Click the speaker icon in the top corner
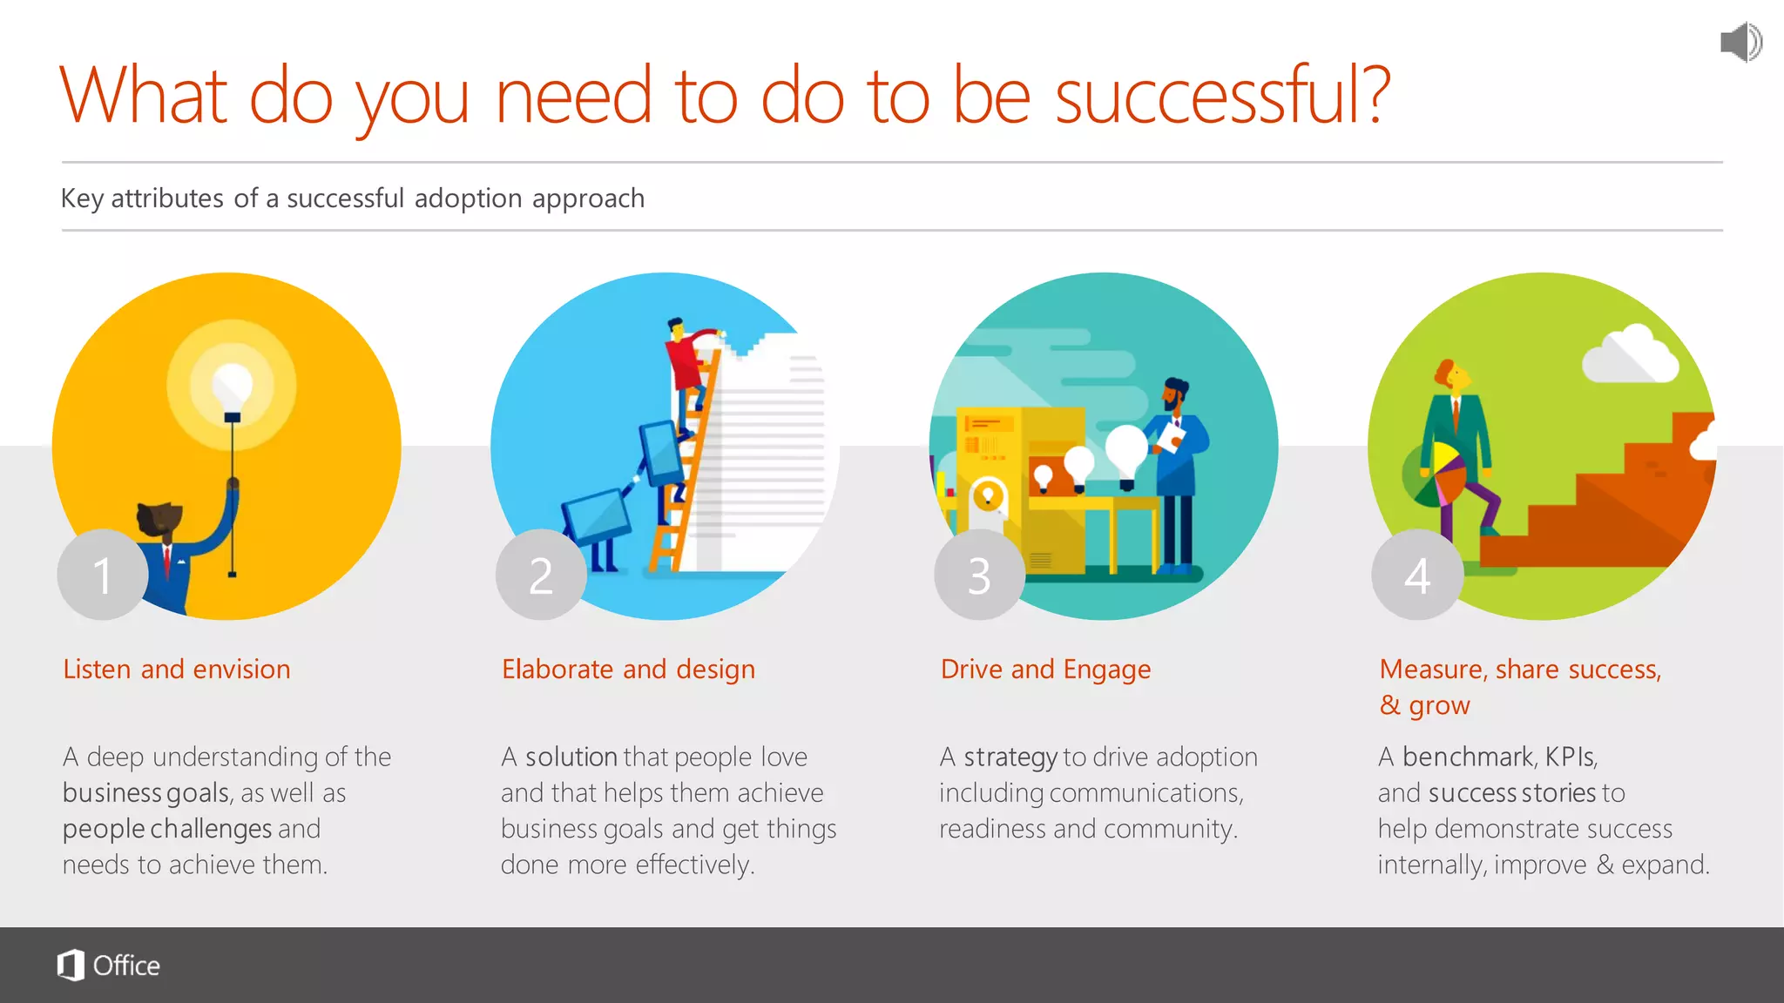point(1740,42)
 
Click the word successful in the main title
point(1221,96)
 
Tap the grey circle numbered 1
point(103,575)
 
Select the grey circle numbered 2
point(541,575)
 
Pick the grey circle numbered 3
point(979,575)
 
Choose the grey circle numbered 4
point(1417,575)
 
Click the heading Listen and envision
point(177,669)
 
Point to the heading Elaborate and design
point(628,669)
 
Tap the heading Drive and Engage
point(1045,669)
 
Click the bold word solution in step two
point(571,757)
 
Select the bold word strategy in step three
point(1010,757)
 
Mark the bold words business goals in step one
point(145,792)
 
